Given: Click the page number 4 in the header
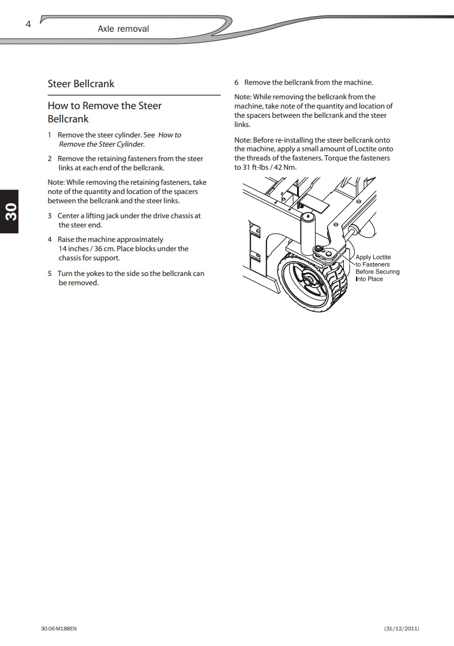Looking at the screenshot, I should coord(28,24).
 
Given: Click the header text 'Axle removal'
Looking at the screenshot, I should coord(123,28).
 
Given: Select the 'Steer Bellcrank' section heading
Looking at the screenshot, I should coord(81,84).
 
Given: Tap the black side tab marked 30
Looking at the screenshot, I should coord(9,212).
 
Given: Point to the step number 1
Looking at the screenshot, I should coord(50,135).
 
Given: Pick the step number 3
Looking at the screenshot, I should coord(50,216).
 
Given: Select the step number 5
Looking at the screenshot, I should coord(50,274).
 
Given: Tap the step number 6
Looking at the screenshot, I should coord(237,83).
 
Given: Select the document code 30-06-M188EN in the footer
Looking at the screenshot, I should coord(59,628).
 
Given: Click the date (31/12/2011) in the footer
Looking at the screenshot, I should coord(402,628).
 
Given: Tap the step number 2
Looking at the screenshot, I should coord(50,159).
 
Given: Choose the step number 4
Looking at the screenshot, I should coord(50,240).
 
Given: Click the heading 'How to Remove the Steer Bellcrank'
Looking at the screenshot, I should coord(104,112).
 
